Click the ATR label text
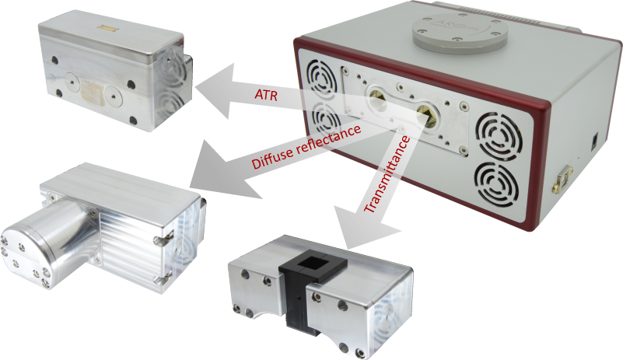coord(266,95)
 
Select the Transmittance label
coord(387,174)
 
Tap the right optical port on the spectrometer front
coord(428,116)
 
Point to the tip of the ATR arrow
coord(194,87)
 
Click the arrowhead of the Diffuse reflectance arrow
coord(190,186)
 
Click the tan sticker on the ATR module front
coord(93,92)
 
